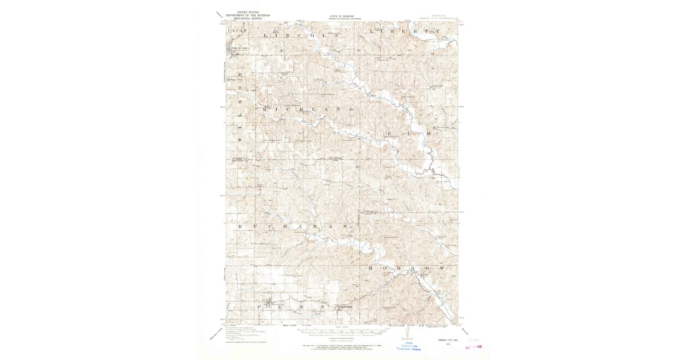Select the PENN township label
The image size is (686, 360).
coord(292,307)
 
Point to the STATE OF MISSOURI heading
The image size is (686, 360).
coord(342,17)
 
